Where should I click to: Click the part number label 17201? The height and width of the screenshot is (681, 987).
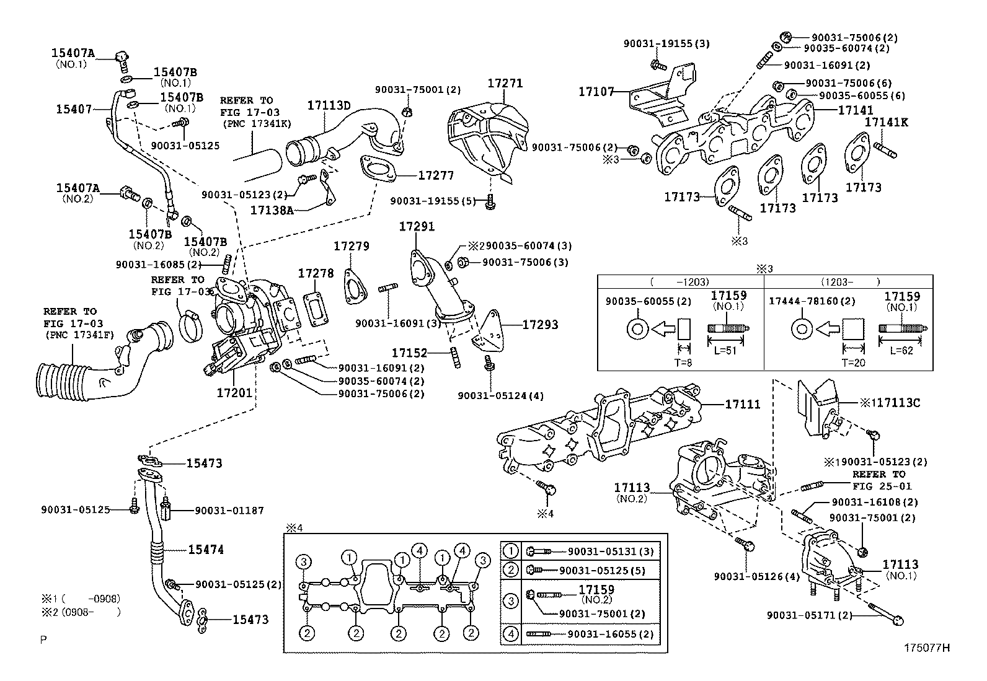(x=234, y=393)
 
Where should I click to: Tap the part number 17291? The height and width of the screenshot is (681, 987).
(x=417, y=227)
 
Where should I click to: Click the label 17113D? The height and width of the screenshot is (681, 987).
(x=329, y=106)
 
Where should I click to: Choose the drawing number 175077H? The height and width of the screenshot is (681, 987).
(x=927, y=648)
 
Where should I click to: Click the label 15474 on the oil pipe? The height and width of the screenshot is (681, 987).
(x=206, y=550)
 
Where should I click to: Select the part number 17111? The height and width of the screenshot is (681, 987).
(x=743, y=404)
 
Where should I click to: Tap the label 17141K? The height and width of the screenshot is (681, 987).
(x=887, y=123)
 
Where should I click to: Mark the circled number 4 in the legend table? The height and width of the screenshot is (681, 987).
(x=511, y=634)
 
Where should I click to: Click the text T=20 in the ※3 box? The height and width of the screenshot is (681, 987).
(x=854, y=362)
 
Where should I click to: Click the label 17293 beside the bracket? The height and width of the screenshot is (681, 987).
(x=540, y=324)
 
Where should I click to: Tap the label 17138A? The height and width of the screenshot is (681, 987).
(x=272, y=210)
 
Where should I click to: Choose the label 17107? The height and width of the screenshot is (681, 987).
(x=596, y=92)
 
